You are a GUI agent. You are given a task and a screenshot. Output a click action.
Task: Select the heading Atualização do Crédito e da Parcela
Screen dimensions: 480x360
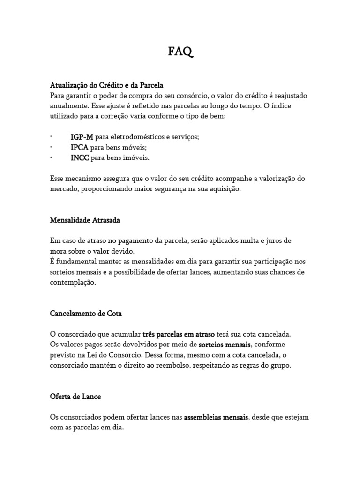click(x=106, y=85)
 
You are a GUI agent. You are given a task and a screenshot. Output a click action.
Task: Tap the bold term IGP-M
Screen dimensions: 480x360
click(x=82, y=137)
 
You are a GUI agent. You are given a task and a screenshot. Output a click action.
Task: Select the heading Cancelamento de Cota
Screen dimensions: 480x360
click(x=86, y=313)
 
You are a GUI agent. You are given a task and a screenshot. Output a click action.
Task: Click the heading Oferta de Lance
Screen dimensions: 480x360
click(x=75, y=396)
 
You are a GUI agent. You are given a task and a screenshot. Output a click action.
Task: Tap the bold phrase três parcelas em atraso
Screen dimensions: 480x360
click(x=179, y=335)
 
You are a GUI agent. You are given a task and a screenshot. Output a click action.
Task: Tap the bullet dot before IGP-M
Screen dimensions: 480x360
click(x=51, y=137)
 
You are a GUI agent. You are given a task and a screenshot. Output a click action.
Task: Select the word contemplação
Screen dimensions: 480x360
click(x=73, y=283)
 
